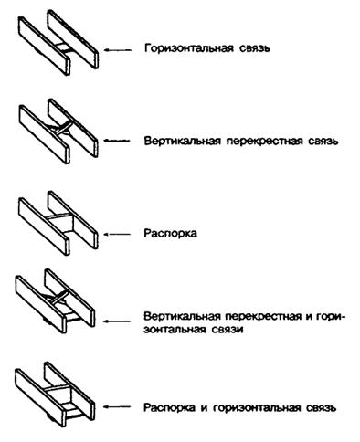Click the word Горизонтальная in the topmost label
click(189, 49)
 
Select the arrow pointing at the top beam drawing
click(118, 50)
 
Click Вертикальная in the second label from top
click(182, 142)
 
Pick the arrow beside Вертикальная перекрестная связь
click(117, 141)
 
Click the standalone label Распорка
click(170, 234)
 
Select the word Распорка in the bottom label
click(169, 408)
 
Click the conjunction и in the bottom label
click(204, 408)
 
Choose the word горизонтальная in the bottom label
click(257, 408)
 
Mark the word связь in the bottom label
click(322, 408)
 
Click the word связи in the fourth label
click(227, 330)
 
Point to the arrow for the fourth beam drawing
click(117, 321)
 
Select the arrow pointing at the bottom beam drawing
click(117, 406)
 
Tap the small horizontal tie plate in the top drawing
click(62, 47)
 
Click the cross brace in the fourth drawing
click(57, 297)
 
